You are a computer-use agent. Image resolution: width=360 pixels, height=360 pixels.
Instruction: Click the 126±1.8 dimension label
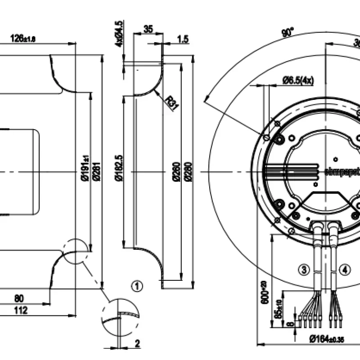[22, 39]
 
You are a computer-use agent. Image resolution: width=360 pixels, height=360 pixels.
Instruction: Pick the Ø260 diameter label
[175, 171]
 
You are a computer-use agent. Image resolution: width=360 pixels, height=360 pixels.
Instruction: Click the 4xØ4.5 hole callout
[119, 33]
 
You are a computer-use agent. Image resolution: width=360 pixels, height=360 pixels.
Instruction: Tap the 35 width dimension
[148, 29]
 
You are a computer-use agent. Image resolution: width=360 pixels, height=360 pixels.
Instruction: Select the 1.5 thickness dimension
[183, 40]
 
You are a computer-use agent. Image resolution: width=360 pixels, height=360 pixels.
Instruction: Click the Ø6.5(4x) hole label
[298, 81]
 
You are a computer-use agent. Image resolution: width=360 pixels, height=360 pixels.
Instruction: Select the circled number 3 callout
[305, 270]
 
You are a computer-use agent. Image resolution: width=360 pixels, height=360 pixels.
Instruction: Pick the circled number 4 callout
[344, 270]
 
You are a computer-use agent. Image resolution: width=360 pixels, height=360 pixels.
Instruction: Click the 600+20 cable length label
[265, 292]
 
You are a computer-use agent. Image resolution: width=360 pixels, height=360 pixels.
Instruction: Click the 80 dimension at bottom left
[31, 298]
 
